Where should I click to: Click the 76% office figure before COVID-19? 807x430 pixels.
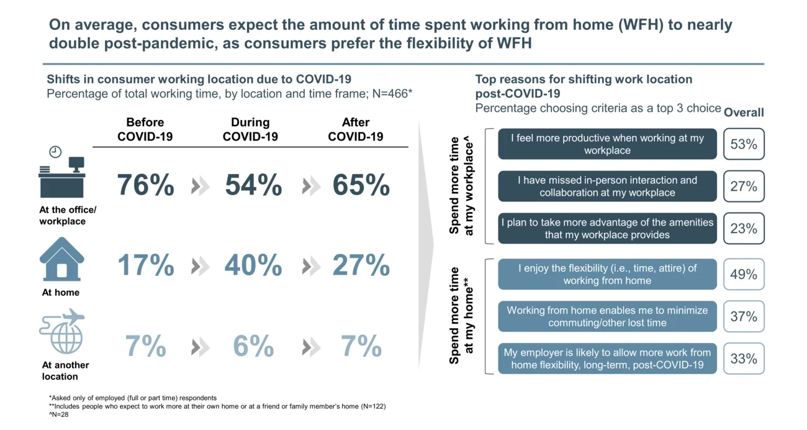click(145, 186)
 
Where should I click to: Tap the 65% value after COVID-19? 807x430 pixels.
click(361, 186)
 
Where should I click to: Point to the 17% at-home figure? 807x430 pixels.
click(145, 266)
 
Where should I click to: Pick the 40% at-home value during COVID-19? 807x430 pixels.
click(253, 266)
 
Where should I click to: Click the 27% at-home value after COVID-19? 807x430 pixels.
click(361, 266)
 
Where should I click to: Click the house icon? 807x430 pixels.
click(61, 259)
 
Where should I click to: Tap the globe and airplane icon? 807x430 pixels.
click(61, 331)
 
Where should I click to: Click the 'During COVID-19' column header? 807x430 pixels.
click(250, 129)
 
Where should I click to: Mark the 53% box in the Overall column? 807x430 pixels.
click(743, 144)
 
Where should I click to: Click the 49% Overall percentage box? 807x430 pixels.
click(743, 274)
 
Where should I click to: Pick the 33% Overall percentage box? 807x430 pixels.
click(743, 359)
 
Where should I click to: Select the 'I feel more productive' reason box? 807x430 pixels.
click(607, 144)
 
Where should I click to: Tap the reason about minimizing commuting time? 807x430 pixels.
click(607, 316)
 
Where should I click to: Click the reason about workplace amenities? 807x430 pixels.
click(607, 228)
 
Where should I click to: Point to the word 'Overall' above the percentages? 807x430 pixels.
click(744, 112)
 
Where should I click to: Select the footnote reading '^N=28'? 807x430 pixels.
click(58, 414)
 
